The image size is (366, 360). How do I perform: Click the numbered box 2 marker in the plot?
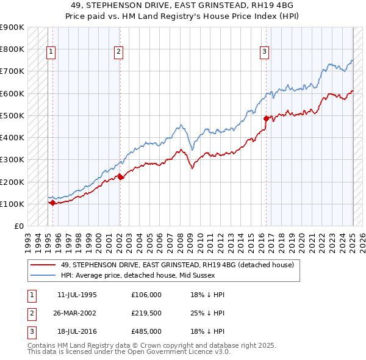pos(118,52)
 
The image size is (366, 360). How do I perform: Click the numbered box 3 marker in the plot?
pos(265,52)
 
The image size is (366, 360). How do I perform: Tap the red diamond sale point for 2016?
pos(266,118)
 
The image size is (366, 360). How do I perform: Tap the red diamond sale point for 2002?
pos(120,177)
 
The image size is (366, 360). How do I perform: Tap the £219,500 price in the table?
pos(146,313)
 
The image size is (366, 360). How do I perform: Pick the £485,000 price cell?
pos(146,331)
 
